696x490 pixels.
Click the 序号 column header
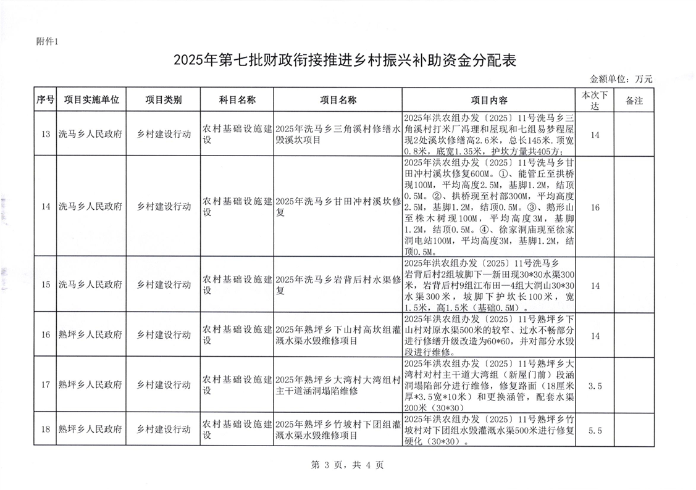tap(45, 100)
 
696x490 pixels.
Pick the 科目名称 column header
tap(238, 100)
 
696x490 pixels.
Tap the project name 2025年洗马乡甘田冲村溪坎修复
tap(337, 207)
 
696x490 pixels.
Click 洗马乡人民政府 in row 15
tap(90, 284)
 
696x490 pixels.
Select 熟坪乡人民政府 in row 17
tap(90, 386)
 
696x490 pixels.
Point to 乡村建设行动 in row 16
tap(164, 335)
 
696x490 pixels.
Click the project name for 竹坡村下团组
tap(337, 430)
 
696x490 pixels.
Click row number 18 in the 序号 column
tap(45, 430)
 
